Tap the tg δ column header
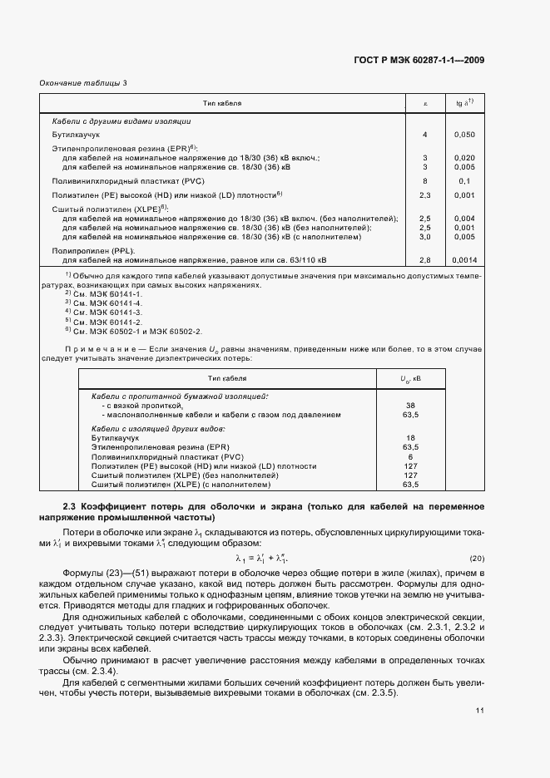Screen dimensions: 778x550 coord(465,103)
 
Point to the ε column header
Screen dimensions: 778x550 coord(425,103)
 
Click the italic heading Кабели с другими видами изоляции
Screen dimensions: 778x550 coord(121,121)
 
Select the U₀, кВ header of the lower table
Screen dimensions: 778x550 coord(410,378)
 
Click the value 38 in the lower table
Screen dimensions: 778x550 coord(409,405)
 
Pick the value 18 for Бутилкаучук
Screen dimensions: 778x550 coord(409,436)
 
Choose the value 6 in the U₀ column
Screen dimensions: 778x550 coord(409,456)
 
